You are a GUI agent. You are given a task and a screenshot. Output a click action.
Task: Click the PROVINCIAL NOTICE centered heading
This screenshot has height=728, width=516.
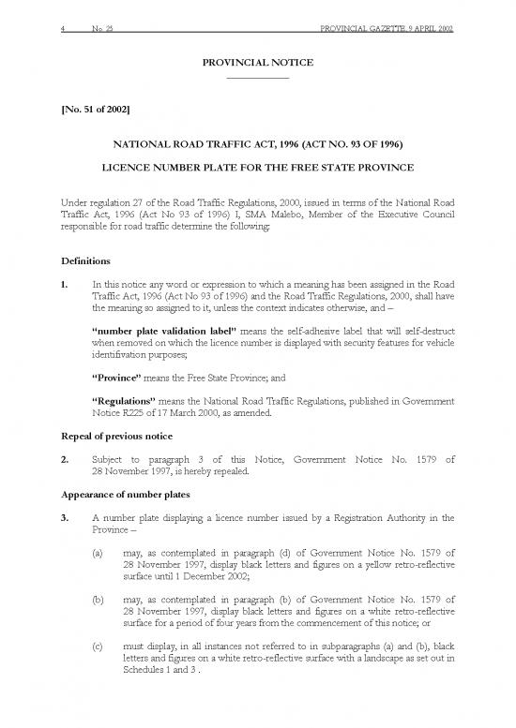(x=258, y=62)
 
